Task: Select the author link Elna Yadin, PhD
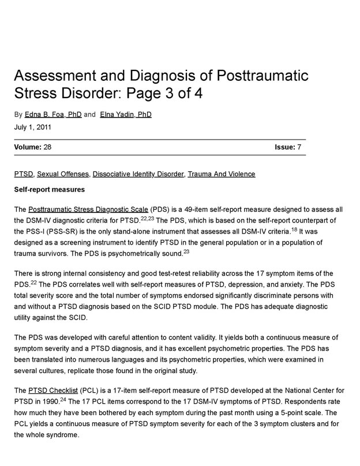tap(125, 115)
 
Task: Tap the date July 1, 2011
tap(33, 127)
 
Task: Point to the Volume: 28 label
tap(33, 148)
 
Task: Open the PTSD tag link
tap(24, 174)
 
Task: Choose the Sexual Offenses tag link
tap(63, 174)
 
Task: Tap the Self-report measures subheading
tap(50, 189)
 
